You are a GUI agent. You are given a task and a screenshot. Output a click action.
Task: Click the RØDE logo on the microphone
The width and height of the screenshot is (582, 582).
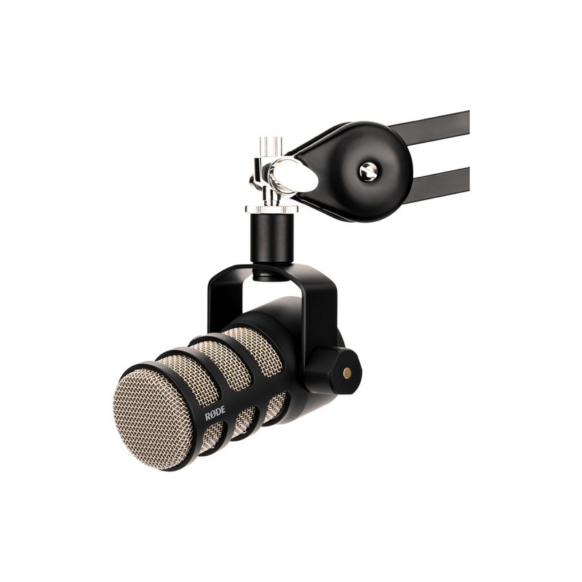[x=215, y=412]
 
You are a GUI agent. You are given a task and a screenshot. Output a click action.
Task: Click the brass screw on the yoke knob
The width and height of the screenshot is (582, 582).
[x=347, y=372]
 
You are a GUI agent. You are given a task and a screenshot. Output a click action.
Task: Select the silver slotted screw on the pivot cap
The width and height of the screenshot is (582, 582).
[x=368, y=172]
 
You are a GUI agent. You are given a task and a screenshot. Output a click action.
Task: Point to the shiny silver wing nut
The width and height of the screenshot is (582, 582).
[x=293, y=175]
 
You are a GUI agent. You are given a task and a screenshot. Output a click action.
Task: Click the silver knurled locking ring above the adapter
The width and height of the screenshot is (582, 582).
[x=271, y=209]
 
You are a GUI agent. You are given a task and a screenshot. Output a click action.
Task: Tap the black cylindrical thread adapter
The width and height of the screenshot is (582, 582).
[x=271, y=238]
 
